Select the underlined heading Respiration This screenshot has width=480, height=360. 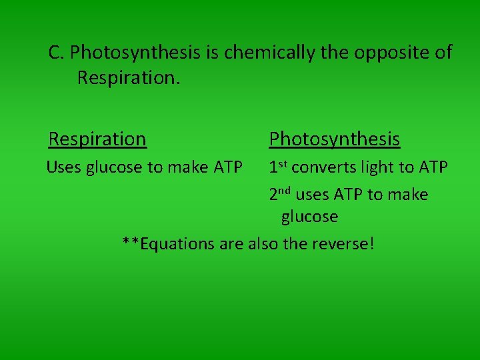[x=97, y=139]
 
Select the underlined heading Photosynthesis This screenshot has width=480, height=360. [x=334, y=139]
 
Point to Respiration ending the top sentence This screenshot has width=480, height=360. [x=128, y=78]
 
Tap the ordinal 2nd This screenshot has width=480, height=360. [x=280, y=195]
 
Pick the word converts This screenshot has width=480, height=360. [x=321, y=167]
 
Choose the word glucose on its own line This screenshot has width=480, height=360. [x=309, y=217]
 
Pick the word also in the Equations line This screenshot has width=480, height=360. [x=263, y=244]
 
